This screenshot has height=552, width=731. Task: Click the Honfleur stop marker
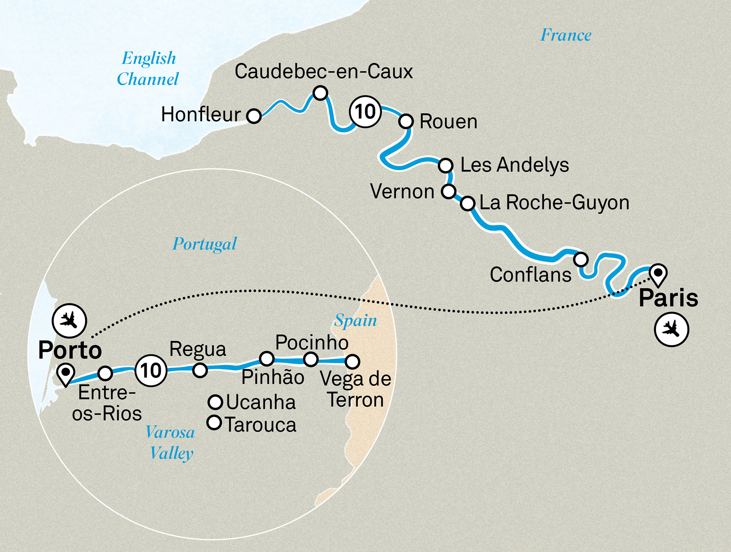tap(254, 116)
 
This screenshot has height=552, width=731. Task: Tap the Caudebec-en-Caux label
tap(323, 71)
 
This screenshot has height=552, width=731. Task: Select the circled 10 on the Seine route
tap(365, 112)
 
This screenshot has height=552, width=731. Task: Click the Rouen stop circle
tap(406, 121)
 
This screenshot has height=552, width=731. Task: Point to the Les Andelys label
tap(514, 165)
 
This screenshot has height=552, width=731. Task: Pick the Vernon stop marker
tap(448, 191)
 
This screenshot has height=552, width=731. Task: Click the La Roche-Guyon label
tap(554, 203)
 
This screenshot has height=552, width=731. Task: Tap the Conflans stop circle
tap(580, 259)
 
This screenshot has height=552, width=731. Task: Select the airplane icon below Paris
tap(671, 329)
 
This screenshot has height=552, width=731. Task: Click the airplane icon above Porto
tap(69, 321)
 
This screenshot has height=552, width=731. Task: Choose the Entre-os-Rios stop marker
tap(105, 373)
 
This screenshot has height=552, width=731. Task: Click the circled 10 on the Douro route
tap(151, 371)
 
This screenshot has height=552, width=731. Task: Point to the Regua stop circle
tap(200, 370)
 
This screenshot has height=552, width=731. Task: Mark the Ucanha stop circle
tap(215, 402)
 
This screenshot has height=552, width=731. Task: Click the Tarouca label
tap(260, 425)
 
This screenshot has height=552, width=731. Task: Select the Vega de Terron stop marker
tap(352, 361)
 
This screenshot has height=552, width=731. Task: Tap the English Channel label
tap(148, 69)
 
